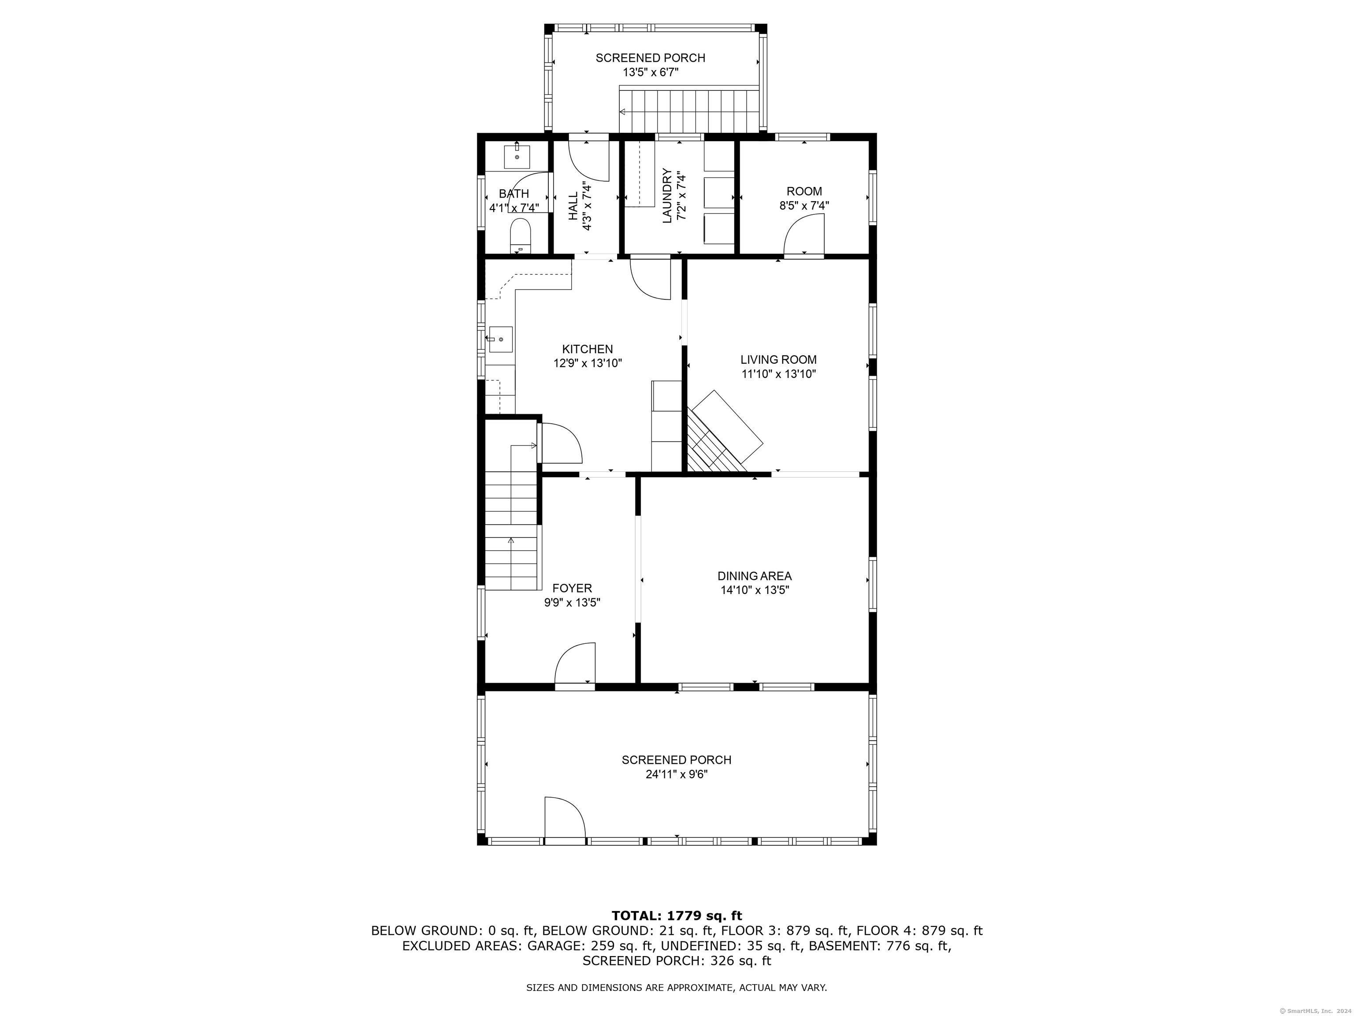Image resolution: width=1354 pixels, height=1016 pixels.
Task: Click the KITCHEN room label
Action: [x=588, y=349]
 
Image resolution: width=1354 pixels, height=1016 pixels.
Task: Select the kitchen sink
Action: [x=500, y=339]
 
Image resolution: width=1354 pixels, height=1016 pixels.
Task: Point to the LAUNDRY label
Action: [x=667, y=196]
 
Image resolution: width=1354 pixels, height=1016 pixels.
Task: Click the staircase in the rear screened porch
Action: [x=689, y=110]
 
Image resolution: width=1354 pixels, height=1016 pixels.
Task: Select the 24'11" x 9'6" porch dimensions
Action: [x=677, y=774]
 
